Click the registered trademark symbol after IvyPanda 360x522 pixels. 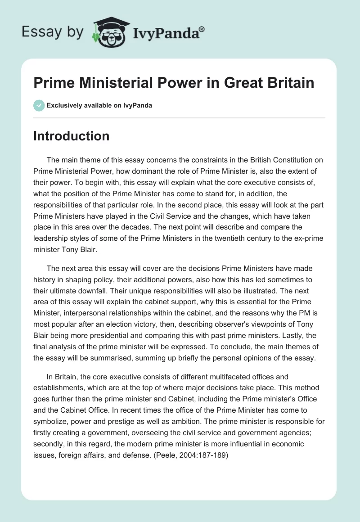(202, 30)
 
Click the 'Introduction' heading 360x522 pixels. (71, 136)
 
